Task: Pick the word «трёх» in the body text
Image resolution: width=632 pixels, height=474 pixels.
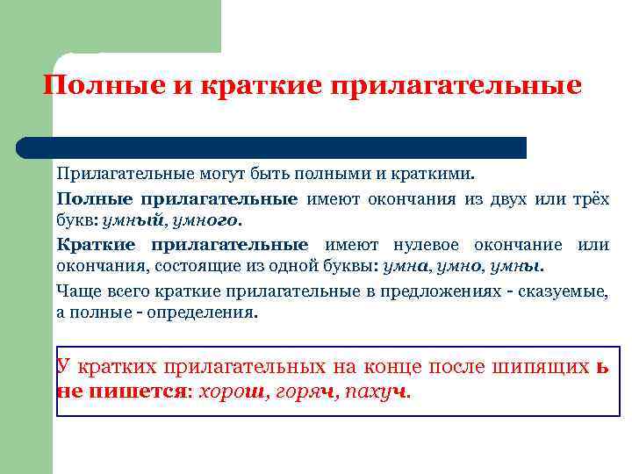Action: tap(588, 198)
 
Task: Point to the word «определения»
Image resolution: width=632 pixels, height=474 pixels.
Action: tap(210, 312)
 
